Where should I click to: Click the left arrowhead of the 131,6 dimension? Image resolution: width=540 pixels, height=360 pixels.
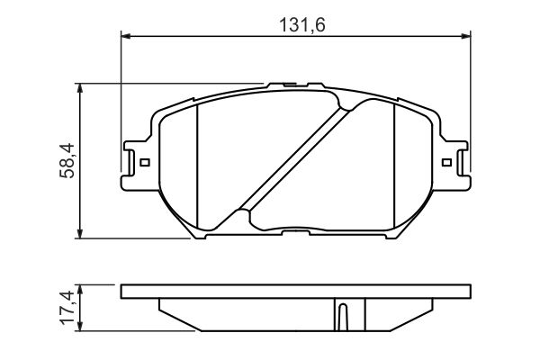(x=126, y=36)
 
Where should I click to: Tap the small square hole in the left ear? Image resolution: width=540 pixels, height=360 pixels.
(x=143, y=163)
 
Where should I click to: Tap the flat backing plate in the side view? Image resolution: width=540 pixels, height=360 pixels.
(x=295, y=292)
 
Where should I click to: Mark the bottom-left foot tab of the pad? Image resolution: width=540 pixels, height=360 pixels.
(x=200, y=236)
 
